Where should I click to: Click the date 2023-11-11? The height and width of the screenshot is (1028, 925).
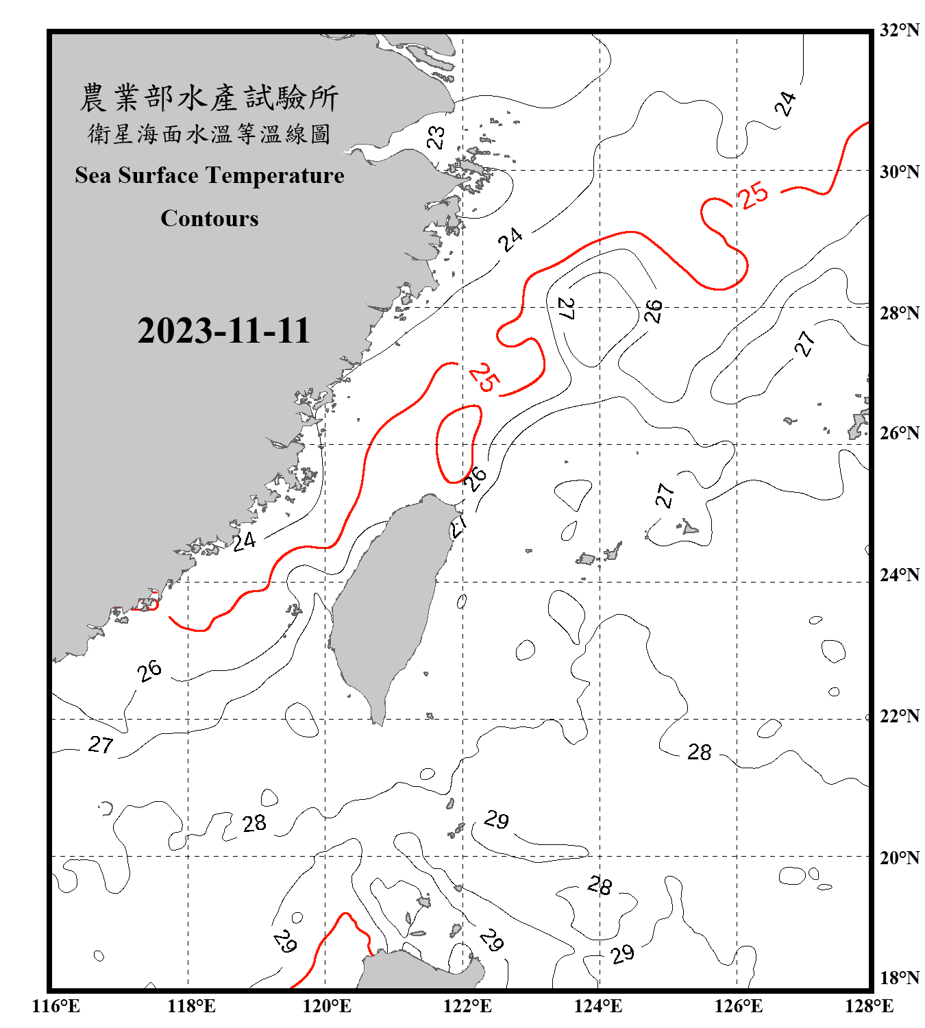point(223,330)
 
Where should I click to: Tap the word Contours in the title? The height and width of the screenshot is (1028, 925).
point(210,219)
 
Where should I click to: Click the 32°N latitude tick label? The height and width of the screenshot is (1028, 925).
point(899,30)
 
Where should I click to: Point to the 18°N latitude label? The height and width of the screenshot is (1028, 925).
point(899,977)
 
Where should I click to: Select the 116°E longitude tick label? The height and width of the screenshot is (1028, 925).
point(56,1006)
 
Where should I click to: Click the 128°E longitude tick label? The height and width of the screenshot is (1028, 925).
point(869,1006)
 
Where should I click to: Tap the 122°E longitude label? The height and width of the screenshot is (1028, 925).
point(467,1006)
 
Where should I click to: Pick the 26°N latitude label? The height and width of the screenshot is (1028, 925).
point(899,433)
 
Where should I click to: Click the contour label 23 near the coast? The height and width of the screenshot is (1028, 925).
point(436,138)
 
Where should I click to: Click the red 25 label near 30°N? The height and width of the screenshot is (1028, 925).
point(753,195)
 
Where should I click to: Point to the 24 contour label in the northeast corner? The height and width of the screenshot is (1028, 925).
point(785,103)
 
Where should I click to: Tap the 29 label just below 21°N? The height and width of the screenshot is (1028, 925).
point(496,820)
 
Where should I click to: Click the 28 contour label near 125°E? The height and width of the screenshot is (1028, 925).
point(699,752)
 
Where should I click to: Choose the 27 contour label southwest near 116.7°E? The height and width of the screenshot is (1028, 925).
point(101,745)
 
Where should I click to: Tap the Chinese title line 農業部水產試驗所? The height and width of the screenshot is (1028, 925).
point(209,98)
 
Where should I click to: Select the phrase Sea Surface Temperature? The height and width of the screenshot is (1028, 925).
point(210,175)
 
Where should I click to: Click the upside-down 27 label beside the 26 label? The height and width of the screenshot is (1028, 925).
point(566,308)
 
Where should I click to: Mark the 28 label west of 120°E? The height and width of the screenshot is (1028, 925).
point(254,823)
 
